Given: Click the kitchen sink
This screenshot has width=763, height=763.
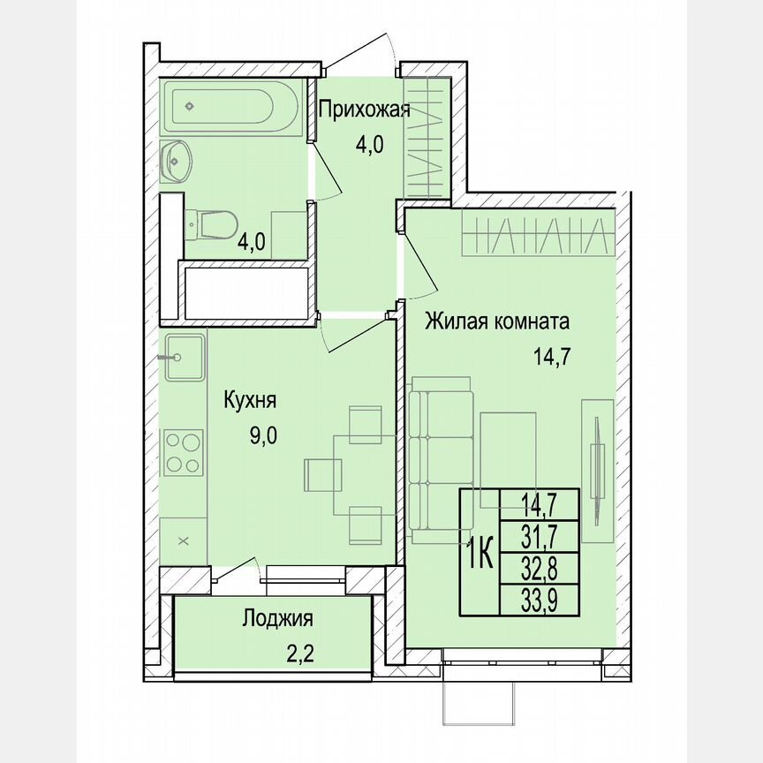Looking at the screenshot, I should pos(183,358).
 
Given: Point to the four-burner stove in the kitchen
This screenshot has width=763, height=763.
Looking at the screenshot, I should pos(183,452).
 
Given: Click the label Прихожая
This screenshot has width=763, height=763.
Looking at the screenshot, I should pos(364,110).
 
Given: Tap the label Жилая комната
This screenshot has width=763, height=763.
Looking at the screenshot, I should pos(497,321).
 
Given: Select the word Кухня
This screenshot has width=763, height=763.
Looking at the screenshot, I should pos(251,401).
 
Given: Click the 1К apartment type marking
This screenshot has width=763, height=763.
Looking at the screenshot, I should pos(480,554).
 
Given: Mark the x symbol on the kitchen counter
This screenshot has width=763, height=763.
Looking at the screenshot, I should pos(184,540).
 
